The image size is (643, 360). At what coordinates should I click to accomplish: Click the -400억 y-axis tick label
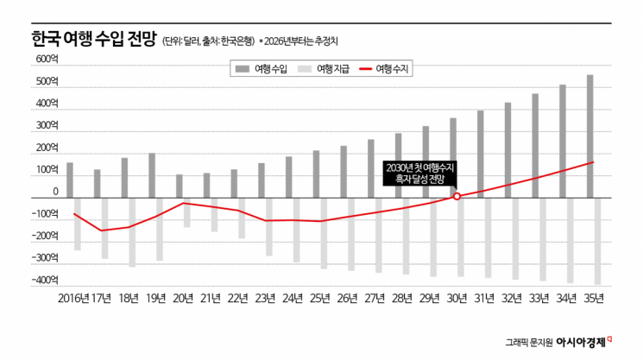point(46,281)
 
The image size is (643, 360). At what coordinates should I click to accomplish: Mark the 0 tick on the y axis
point(55,193)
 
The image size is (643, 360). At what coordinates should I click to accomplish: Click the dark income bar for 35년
point(590,136)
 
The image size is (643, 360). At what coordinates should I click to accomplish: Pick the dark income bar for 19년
point(152,174)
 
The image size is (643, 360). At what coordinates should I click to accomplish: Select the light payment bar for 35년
point(597,241)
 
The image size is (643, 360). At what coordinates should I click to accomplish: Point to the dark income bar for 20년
point(180,186)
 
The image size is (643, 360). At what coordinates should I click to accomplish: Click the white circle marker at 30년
point(457,196)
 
